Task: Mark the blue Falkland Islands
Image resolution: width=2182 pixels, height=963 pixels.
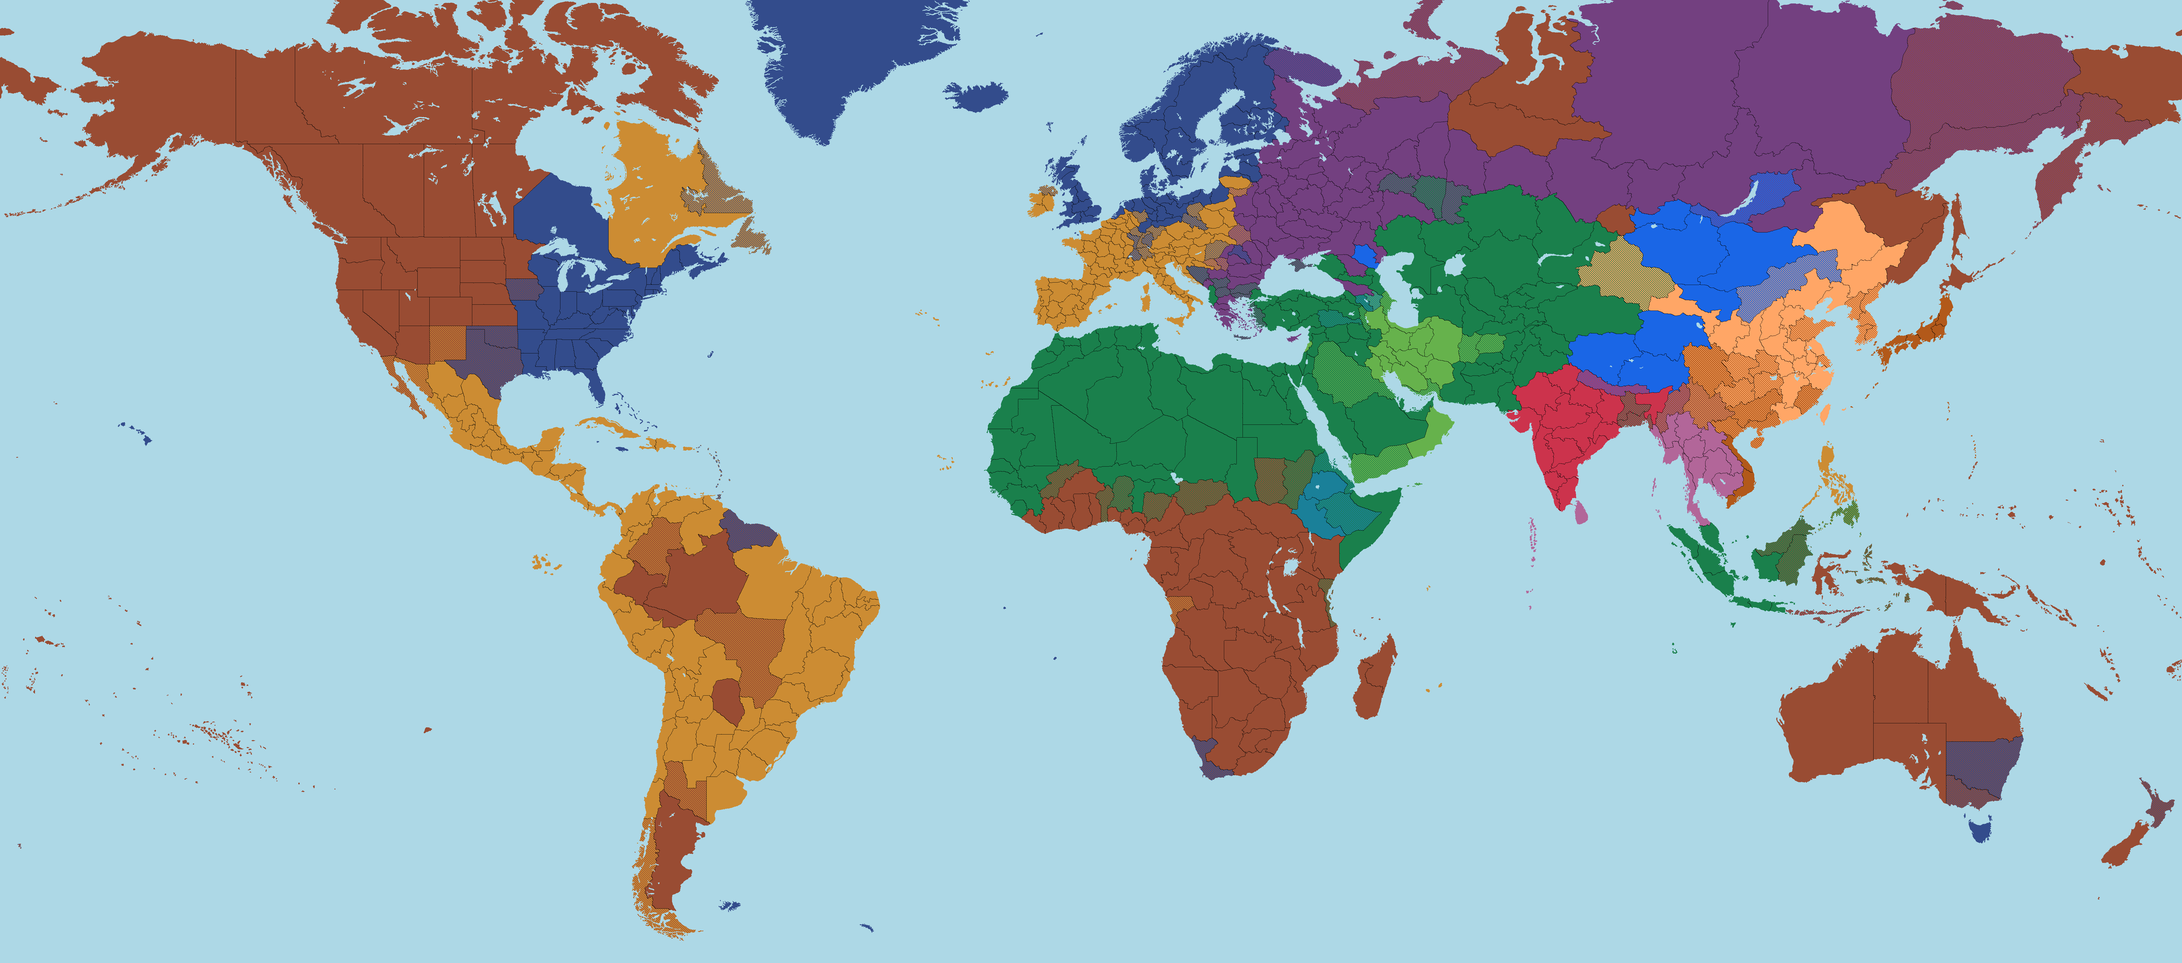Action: (x=728, y=906)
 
